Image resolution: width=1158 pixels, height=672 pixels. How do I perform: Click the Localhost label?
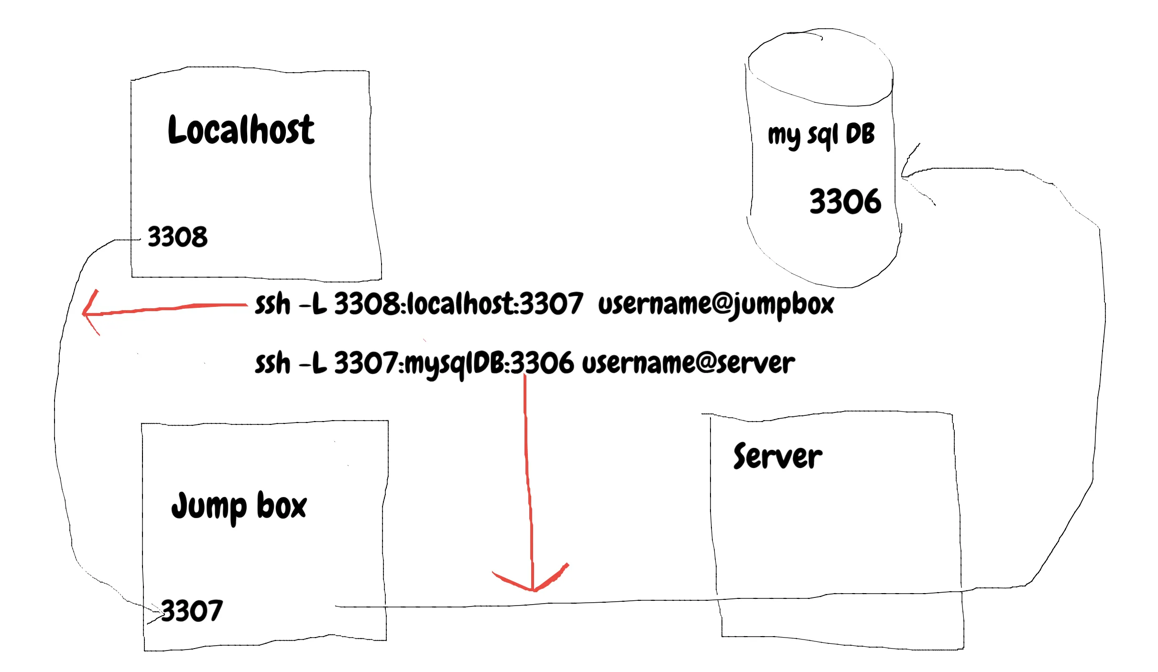[x=241, y=130]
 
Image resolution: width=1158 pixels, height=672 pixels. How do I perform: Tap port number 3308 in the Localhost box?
[x=177, y=237]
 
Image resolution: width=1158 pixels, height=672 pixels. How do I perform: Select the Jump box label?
[x=239, y=506]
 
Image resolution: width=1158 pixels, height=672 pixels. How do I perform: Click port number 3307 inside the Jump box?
[x=192, y=611]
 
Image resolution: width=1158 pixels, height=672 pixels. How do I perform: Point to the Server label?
[x=777, y=456]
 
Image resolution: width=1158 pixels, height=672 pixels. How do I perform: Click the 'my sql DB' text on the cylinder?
[x=821, y=135]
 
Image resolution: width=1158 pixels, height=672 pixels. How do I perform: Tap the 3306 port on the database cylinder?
[x=845, y=201]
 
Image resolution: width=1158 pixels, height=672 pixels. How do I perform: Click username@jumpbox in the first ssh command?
[x=716, y=304]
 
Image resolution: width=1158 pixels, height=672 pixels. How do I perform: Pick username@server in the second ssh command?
[x=688, y=364]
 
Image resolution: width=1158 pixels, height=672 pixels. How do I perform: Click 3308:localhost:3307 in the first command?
[x=458, y=304]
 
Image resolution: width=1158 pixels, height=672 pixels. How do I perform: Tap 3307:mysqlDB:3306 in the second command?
[x=453, y=364]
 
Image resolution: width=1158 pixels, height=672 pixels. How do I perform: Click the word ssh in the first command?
[x=272, y=304]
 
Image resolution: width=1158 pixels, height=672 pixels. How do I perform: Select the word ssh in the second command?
[x=272, y=364]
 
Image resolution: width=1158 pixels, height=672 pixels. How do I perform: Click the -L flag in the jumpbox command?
[x=313, y=304]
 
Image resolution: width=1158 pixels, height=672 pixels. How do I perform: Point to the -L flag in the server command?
[x=313, y=364]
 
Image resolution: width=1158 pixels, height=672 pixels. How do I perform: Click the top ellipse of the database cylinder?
[x=820, y=67]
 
